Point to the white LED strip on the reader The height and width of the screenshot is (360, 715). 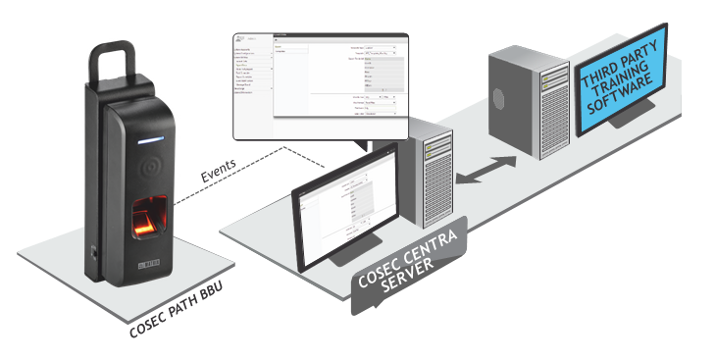[149, 141]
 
